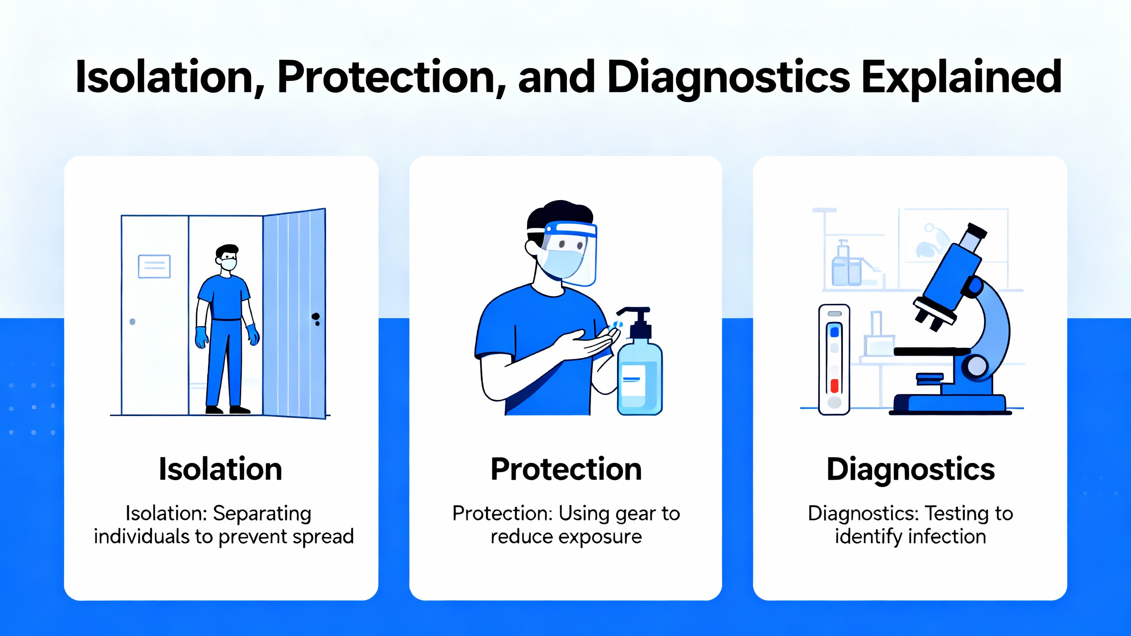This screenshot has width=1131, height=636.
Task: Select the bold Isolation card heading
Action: coord(220,469)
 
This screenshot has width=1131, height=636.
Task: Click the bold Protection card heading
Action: coord(566,469)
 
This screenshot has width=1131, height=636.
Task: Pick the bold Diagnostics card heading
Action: coord(911,470)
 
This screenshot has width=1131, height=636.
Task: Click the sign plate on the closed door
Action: coord(154,266)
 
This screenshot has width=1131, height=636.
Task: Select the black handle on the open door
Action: coord(316,318)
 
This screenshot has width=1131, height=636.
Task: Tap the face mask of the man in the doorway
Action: coord(228,264)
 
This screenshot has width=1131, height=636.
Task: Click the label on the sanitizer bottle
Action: coord(632,380)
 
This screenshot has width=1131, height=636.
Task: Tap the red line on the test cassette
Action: coord(834,386)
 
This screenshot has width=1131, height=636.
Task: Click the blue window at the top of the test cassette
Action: coord(835,332)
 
